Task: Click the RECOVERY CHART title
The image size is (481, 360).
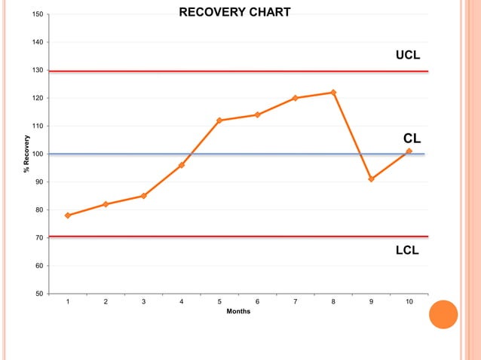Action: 234,13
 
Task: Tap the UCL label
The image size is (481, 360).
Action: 408,55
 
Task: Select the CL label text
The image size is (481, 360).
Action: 412,139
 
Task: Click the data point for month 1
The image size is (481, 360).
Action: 68,215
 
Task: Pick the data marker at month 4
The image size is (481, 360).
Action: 182,165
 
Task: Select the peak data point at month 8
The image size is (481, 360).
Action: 333,93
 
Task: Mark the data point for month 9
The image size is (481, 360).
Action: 371,179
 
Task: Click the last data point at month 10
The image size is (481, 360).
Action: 409,151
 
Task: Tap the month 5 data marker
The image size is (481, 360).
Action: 219,121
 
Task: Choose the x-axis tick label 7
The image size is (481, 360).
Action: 295,302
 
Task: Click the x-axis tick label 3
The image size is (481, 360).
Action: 143,302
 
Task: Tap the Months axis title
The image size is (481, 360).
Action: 238,312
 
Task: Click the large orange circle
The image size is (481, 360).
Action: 443,314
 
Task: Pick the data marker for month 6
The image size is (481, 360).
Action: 257,115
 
